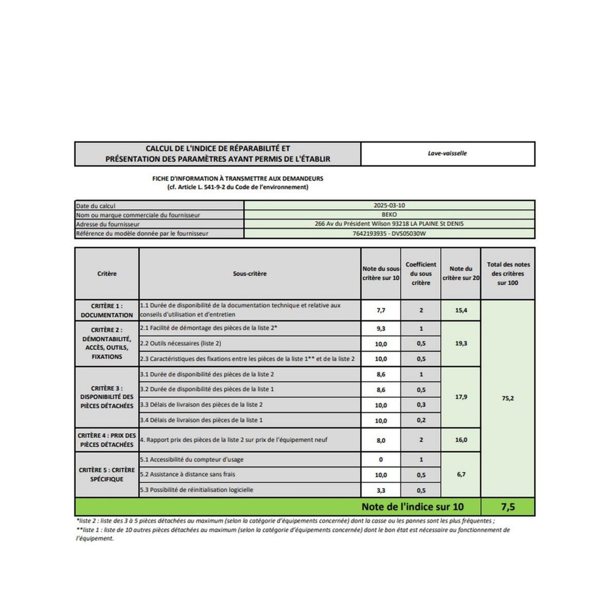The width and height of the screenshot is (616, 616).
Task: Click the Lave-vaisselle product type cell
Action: click(447, 153)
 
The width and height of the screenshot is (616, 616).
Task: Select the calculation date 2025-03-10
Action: click(389, 205)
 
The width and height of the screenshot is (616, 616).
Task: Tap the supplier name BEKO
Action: click(389, 215)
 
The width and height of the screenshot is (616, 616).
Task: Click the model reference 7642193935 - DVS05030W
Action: click(389, 234)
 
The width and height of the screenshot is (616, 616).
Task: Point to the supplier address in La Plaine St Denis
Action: click(389, 224)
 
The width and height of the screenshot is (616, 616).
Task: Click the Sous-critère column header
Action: click(249, 274)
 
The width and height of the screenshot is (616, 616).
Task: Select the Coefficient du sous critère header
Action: click(420, 274)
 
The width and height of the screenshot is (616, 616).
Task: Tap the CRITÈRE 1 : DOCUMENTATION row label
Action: click(107, 311)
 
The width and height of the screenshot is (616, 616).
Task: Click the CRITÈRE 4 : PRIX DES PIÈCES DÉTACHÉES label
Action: click(107, 440)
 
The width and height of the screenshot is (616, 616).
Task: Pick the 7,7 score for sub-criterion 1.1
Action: click(380, 311)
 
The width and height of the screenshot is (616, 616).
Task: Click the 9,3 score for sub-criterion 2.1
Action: click(380, 329)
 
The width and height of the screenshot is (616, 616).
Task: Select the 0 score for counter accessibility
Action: click(380, 460)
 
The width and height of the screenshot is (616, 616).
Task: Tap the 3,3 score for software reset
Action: click(380, 490)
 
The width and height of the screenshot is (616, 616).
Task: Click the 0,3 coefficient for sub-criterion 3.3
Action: click(421, 405)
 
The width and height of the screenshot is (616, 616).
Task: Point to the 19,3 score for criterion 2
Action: click(461, 343)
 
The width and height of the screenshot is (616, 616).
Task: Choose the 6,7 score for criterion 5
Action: click(461, 474)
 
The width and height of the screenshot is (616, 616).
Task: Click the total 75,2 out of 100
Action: click(508, 398)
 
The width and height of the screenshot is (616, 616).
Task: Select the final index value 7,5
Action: click(508, 507)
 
